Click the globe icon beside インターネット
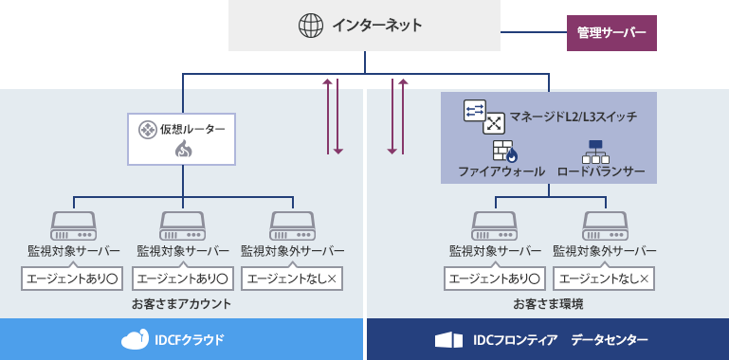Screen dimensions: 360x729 point(311,26)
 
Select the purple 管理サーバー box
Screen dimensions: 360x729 point(611,32)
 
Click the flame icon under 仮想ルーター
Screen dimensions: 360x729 point(183,149)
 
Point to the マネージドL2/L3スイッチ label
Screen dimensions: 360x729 point(573,117)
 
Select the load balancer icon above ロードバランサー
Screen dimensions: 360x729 point(595,151)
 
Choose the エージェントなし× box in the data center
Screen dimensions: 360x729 point(605,279)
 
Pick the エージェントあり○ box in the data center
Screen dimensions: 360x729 point(495,279)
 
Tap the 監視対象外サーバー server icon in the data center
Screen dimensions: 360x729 point(604,225)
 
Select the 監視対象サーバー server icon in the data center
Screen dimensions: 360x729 point(495,225)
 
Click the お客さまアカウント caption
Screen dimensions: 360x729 point(182,304)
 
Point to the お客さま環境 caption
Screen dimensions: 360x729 point(548,304)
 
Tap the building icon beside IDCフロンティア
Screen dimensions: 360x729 point(447,339)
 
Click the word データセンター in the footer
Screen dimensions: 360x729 point(610,339)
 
